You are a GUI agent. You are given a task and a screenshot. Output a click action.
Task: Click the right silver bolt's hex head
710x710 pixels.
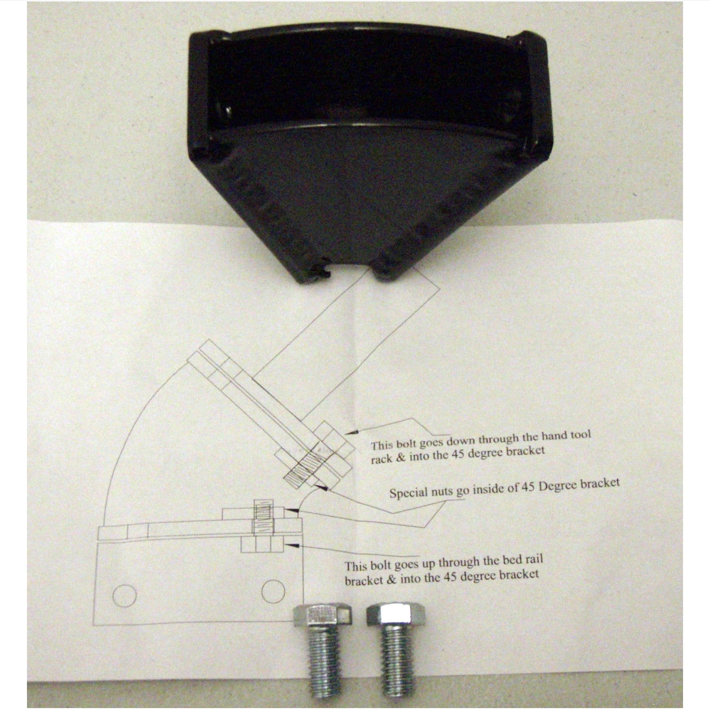coord(396,614)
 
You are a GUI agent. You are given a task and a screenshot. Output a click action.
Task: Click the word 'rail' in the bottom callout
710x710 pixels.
coord(533,559)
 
